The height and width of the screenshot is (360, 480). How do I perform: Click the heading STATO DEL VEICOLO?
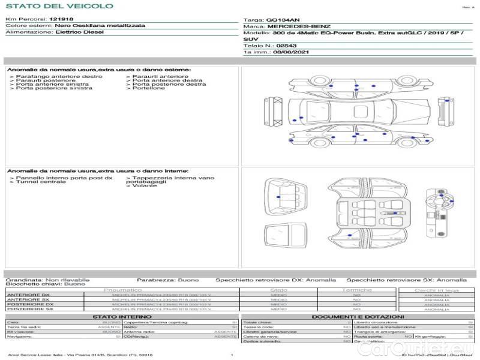(59, 6)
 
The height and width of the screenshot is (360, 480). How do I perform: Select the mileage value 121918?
(61, 20)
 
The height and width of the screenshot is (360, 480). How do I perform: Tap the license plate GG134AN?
(281, 20)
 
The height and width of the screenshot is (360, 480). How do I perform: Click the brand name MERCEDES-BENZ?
(298, 26)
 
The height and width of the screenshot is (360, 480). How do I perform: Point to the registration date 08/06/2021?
(286, 52)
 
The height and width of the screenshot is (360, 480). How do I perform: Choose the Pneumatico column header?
(122, 290)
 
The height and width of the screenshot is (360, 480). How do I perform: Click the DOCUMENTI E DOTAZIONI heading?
(358, 316)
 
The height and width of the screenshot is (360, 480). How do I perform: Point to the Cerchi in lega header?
(436, 290)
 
